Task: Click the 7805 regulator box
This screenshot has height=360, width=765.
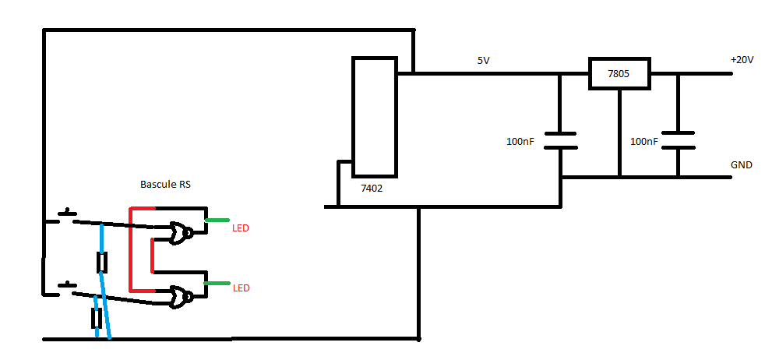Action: [x=619, y=74]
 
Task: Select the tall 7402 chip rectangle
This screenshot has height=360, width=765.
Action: [x=375, y=116]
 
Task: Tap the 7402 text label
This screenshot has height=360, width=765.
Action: [x=372, y=188]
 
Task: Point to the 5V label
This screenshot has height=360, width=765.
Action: [x=484, y=60]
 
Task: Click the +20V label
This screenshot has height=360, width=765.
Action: [x=742, y=60]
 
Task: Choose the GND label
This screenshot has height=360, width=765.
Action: [x=741, y=165]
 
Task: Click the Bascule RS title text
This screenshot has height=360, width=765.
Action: [x=165, y=185]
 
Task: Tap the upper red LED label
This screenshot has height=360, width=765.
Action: [x=241, y=228]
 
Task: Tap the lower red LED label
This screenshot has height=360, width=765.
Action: [x=241, y=288]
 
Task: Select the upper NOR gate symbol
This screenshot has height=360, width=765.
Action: [x=182, y=231]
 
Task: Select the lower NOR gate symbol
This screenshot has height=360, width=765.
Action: [x=182, y=296]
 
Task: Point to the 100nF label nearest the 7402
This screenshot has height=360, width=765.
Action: [x=520, y=142]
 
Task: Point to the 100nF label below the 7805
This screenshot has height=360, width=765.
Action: [x=643, y=142]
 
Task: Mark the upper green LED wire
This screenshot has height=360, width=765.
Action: [x=217, y=221]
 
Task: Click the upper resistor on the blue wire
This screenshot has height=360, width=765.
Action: [x=101, y=263]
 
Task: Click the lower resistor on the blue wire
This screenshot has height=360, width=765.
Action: [x=97, y=318]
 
